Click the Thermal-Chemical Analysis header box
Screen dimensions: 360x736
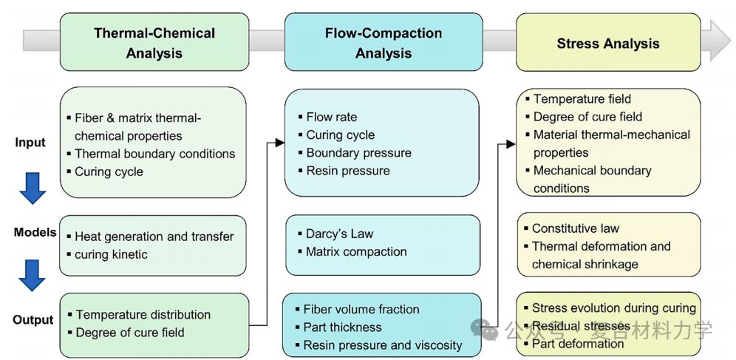[154, 43]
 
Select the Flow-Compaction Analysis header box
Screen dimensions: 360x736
[383, 43]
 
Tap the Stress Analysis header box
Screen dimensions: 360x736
[607, 44]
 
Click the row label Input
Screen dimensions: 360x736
[30, 143]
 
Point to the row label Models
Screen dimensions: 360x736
[35, 232]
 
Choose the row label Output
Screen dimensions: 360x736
[33, 320]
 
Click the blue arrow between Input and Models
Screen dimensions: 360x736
[33, 188]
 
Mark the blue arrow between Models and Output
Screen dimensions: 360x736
[33, 274]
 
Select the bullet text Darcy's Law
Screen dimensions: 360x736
[339, 234]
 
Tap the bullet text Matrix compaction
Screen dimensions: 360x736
[356, 251]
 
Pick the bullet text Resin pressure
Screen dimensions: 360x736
[347, 171]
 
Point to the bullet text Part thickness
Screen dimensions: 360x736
[342, 327]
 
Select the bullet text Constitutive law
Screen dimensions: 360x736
[575, 228]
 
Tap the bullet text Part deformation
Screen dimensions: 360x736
[577, 344]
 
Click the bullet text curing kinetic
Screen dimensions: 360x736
[111, 254]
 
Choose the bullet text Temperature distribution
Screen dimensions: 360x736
[143, 314]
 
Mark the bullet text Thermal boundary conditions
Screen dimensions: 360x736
[154, 154]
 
